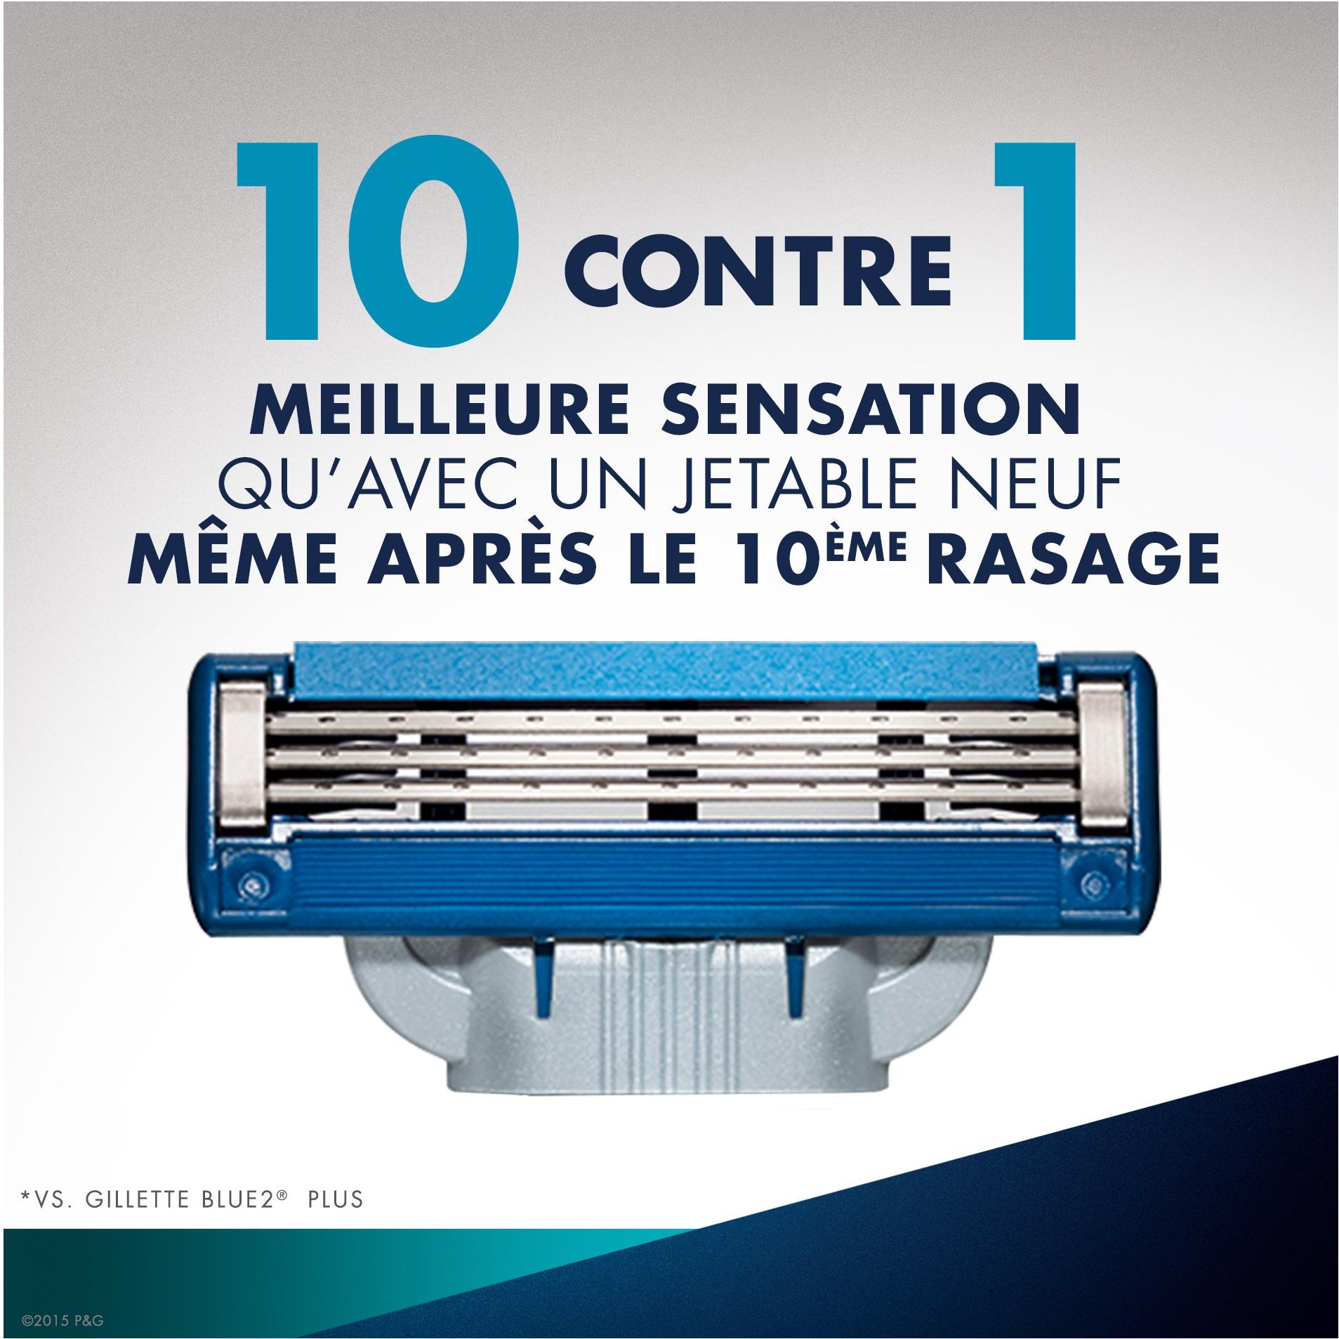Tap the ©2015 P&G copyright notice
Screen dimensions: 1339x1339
pos(63,1320)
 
